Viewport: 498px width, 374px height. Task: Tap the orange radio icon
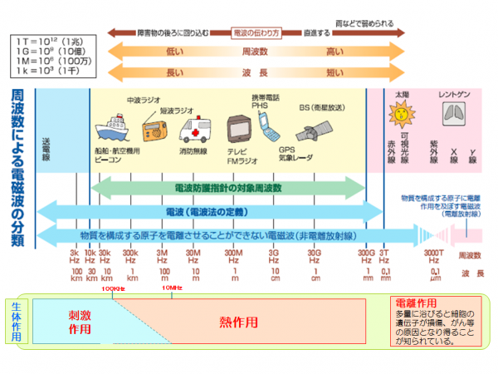click(x=155, y=131)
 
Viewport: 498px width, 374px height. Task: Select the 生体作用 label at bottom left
click(x=18, y=318)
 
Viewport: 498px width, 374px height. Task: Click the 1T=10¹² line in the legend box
click(x=47, y=40)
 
